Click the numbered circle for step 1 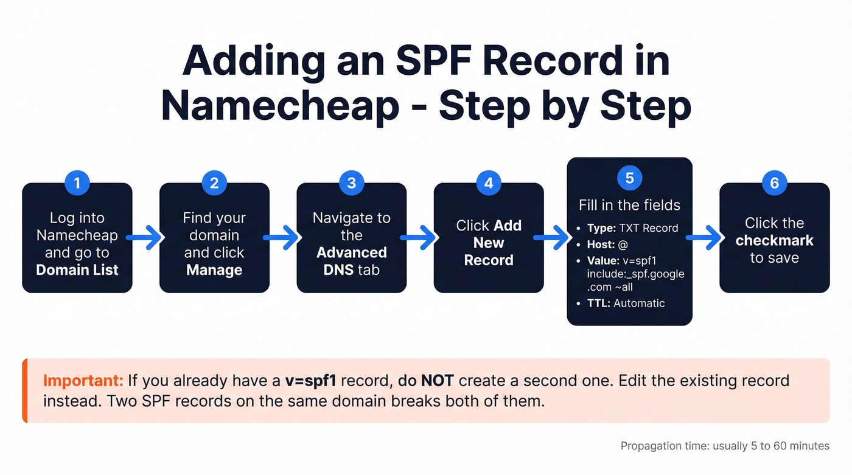point(77,183)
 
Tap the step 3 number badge point(351,183)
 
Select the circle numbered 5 point(629,178)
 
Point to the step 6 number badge point(774,183)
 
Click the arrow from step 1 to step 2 point(146,238)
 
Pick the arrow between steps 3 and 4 point(421,238)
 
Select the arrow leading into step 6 point(706,238)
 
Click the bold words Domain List point(77,269)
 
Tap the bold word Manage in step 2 point(214,269)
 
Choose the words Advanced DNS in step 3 point(351,260)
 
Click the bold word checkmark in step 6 point(774,240)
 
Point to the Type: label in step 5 point(601,229)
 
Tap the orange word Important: point(83,381)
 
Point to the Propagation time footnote point(724,446)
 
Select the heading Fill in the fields point(629,205)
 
